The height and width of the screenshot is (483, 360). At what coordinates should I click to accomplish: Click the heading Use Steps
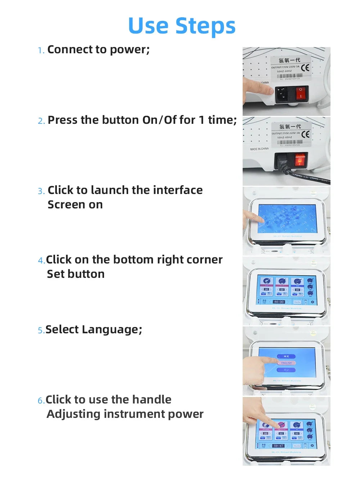182,26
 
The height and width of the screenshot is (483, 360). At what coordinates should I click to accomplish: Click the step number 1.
41,50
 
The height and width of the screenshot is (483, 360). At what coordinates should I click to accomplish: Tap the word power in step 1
129,49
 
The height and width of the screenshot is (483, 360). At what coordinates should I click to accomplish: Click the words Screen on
75,204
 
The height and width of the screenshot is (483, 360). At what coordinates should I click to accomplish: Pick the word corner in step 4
205,259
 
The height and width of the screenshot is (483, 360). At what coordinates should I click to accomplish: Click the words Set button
76,274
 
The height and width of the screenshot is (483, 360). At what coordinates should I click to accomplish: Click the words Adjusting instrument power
125,414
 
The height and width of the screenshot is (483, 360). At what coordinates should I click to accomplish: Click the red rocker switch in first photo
301,93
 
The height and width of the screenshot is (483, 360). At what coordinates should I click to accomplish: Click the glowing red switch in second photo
300,159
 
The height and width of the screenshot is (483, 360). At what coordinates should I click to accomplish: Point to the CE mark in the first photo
305,68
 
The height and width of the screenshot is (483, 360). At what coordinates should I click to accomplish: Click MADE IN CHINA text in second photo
259,149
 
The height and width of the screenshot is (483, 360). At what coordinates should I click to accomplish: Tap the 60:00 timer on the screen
279,302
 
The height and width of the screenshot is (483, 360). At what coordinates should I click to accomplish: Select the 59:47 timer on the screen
278,446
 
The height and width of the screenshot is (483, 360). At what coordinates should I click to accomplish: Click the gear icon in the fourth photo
312,302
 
